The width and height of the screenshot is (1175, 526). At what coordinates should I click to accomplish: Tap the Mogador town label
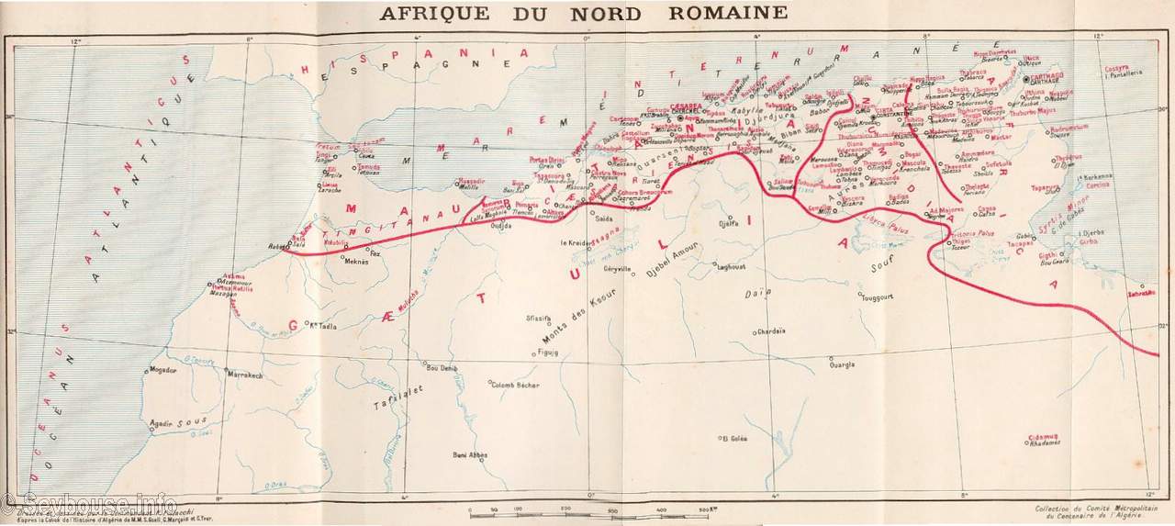click(162, 370)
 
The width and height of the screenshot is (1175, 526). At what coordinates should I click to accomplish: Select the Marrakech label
click(244, 375)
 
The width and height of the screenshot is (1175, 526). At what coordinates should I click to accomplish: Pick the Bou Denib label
click(442, 368)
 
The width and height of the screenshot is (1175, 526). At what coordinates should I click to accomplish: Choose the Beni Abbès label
click(469, 454)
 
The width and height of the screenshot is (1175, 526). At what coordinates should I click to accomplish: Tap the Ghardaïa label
click(771, 331)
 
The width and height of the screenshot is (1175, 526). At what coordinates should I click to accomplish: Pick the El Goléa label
click(735, 439)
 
